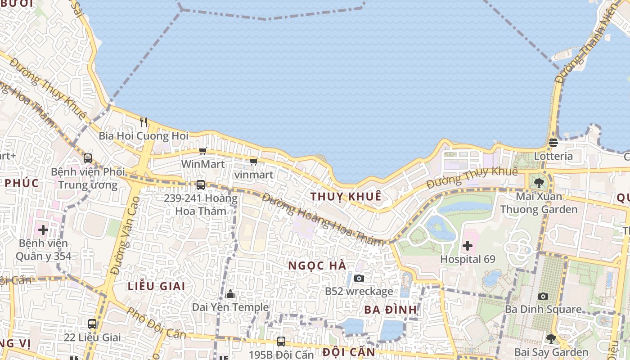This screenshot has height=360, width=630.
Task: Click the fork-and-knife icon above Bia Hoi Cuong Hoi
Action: click(144, 122)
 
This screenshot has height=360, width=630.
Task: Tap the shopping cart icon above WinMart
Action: click(202, 151)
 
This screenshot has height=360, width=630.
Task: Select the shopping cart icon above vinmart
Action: click(253, 162)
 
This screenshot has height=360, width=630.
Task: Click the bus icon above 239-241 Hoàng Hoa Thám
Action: click(201, 184)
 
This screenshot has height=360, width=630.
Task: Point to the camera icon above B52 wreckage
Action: click(359, 278)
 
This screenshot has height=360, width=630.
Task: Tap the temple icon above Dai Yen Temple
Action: click(230, 294)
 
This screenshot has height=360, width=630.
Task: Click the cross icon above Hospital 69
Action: click(468, 246)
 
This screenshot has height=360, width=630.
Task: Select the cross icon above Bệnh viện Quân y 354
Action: click(43, 230)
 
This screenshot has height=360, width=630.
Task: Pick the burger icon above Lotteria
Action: click(553, 143)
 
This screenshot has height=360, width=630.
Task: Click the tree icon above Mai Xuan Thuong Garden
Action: click(539, 183)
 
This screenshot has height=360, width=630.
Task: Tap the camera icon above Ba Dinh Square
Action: click(543, 296)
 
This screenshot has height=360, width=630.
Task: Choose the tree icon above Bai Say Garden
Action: click(551, 339)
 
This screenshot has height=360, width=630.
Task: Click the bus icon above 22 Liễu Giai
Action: click(92, 324)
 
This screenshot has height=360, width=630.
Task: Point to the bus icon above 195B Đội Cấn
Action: click(281, 341)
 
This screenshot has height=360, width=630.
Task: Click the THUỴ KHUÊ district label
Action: click(346, 197)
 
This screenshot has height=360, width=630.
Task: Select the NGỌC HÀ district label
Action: click(317, 265)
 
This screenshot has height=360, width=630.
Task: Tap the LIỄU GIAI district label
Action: click(156, 286)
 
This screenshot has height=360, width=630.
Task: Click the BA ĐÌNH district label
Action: click(391, 310)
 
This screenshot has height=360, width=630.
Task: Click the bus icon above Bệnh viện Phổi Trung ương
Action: click(88, 158)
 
